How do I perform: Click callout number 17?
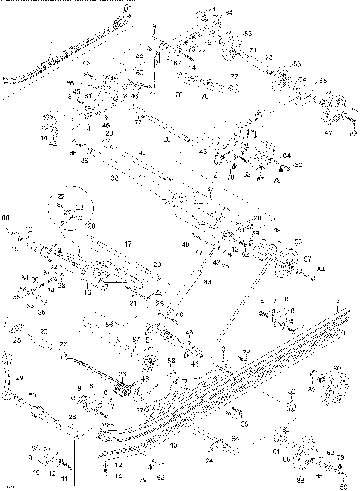coord(127,244)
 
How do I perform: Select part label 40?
coord(142,153)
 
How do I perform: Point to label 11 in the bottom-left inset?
coord(63,478)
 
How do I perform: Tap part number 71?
coord(252,49)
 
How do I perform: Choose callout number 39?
coord(254,233)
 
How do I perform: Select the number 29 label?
coord(20,377)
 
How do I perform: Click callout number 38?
coord(84,159)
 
